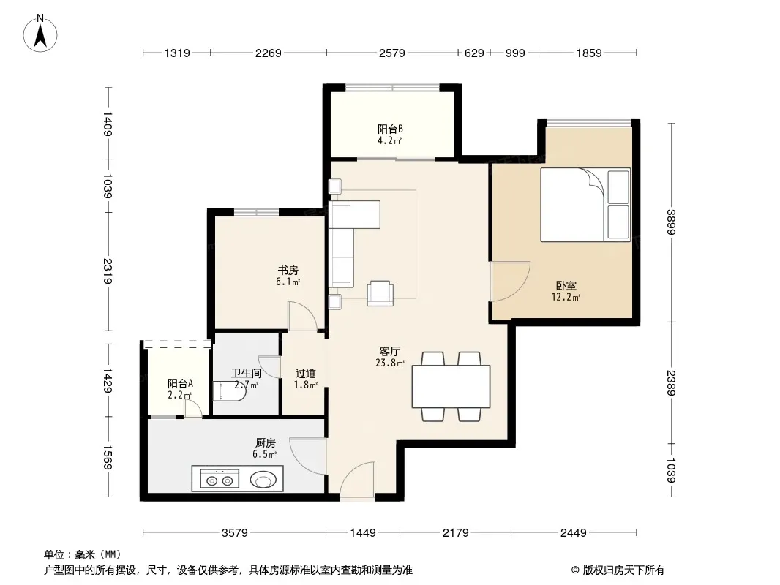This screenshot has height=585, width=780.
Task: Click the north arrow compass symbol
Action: [40, 34]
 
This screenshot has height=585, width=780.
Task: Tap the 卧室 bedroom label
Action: [566, 286]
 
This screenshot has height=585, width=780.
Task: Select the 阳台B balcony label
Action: [390, 129]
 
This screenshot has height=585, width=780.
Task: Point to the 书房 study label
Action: [288, 271]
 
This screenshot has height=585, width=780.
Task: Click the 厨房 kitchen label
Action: [265, 442]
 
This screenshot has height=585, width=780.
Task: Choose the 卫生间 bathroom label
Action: [247, 373]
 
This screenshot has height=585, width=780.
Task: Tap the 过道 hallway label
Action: [305, 373]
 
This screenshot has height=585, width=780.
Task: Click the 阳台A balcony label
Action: [180, 384]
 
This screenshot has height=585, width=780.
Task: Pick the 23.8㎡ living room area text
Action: [390, 363]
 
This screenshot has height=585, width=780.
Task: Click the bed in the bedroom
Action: [585, 205]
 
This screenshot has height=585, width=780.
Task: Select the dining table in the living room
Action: [451, 387]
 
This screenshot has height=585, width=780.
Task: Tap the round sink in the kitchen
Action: [263, 480]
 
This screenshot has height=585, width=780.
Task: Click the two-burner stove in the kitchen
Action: [220, 480]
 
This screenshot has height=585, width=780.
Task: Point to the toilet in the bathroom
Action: [229, 391]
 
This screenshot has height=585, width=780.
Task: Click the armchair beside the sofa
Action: [380, 293]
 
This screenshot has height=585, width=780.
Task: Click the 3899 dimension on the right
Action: [672, 222]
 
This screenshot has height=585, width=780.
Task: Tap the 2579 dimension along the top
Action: [392, 53]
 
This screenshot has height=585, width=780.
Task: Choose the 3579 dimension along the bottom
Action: [234, 533]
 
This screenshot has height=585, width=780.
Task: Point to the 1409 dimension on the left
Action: [108, 124]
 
